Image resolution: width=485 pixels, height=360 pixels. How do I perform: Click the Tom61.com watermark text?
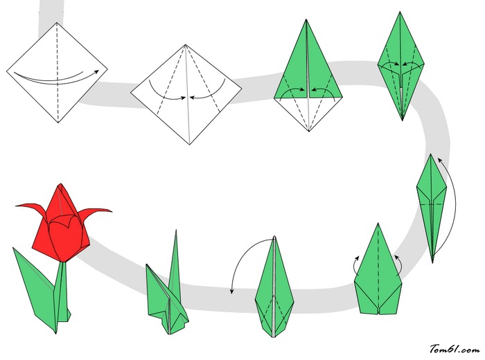455,349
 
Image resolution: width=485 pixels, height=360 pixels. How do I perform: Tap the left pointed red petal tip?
16,205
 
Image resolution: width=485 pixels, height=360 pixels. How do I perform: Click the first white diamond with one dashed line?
58,73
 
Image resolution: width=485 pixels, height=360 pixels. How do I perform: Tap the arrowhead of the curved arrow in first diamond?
97,72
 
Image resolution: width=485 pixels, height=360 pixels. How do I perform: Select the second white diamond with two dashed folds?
186,94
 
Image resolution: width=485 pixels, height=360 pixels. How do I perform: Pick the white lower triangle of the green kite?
308,111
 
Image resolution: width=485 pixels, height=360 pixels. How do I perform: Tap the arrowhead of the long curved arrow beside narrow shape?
439,159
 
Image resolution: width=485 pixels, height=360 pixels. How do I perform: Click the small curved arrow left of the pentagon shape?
355,265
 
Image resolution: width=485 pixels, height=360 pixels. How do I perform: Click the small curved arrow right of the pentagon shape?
399,265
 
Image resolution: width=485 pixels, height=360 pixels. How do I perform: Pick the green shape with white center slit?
274,287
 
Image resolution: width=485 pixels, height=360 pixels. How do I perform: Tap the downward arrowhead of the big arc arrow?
232,291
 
